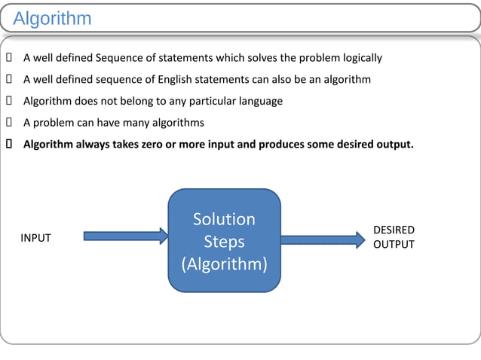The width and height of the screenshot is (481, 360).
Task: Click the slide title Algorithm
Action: [52, 18]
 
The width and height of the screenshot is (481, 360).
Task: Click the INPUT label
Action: [35, 238]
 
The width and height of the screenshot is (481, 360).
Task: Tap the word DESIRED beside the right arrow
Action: [394, 230]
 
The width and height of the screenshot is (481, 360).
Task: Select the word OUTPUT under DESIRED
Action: [394, 245]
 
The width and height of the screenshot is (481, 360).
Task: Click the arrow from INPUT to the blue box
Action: [125, 236]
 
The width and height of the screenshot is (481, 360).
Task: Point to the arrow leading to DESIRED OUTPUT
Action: [323, 239]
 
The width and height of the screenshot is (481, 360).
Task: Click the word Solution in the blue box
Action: [224, 219]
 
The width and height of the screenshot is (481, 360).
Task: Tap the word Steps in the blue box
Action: [224, 242]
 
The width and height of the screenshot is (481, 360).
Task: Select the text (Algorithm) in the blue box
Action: [224, 265]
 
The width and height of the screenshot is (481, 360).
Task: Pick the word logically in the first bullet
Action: [360, 58]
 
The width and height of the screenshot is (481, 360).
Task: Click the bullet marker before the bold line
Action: [8, 143]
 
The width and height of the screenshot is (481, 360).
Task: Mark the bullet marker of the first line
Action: [8, 58]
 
